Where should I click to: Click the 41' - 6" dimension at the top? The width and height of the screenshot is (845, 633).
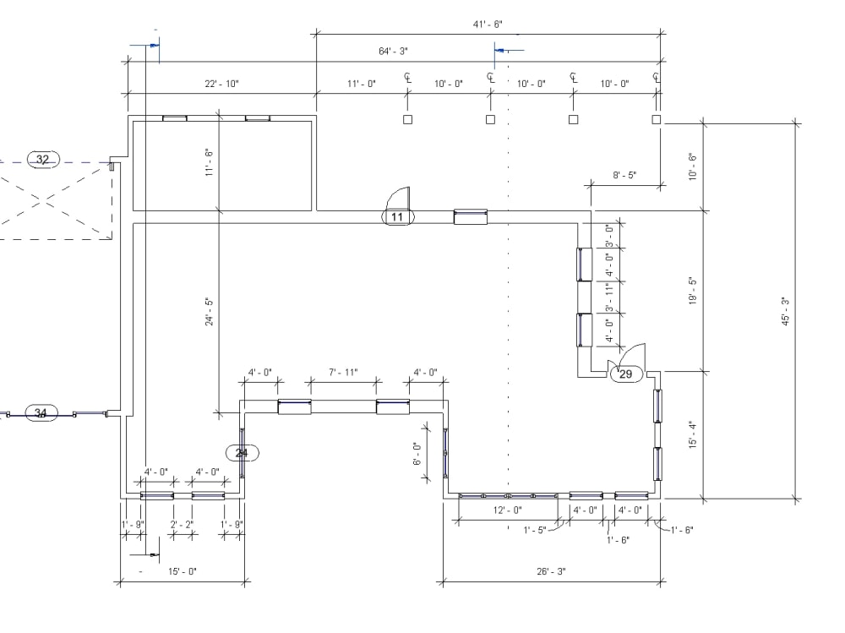coord(488,25)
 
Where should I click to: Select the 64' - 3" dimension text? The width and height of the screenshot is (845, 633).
coord(393,52)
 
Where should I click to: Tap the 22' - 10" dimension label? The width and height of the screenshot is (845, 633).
coord(221,84)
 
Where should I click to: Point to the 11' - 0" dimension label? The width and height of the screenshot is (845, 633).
coord(361,84)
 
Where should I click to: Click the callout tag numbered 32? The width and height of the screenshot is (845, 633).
coord(43,160)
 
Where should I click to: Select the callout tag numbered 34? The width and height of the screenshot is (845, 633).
coord(41,413)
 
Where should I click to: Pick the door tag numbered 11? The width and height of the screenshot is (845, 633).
coord(398,216)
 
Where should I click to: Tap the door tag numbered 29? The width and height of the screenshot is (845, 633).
coord(626,374)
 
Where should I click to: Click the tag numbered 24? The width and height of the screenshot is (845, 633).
coord(242,453)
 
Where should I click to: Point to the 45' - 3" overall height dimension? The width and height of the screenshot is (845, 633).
coord(786,311)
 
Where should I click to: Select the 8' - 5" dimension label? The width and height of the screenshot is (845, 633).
coord(624,175)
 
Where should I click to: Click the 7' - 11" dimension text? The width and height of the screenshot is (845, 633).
coord(343,373)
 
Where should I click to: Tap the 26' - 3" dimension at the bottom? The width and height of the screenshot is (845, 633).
coord(551,571)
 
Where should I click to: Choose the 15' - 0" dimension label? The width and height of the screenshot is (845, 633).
coord(183,571)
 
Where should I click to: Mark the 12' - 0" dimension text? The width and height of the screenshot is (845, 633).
coord(508,510)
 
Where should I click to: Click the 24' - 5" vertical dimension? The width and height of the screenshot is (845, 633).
coord(210,311)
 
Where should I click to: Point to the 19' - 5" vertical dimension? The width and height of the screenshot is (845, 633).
coord(693,292)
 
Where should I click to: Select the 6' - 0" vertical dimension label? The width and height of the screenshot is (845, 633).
coord(417,454)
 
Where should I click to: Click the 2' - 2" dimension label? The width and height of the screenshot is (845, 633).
coord(182,525)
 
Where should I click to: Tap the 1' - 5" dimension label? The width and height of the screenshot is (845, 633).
coord(535,530)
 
